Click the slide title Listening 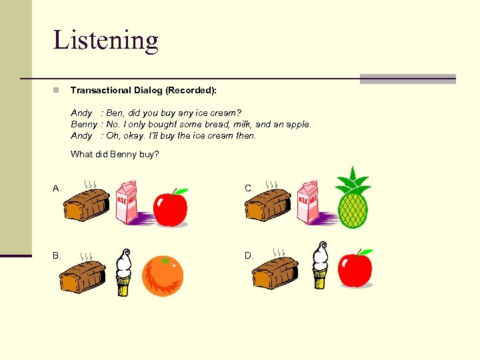[105, 40]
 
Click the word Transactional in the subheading [99, 90]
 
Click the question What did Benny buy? [115, 155]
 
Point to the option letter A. [57, 189]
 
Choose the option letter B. [57, 255]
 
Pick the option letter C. [249, 189]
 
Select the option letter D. [249, 255]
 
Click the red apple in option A [171, 207]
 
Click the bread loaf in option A [86, 204]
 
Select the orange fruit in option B [163, 275]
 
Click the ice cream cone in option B [123, 272]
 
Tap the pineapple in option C [353, 198]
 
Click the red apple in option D [355, 269]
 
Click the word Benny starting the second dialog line [84, 124]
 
